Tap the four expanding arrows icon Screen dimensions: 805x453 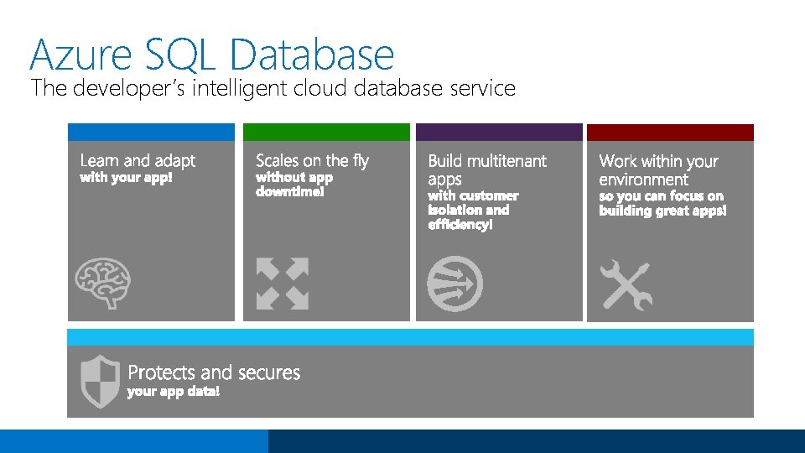[x=283, y=284]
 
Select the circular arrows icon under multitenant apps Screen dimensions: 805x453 [x=454, y=284]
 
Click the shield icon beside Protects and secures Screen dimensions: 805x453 [x=100, y=381]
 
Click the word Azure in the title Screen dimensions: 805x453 [x=80, y=55]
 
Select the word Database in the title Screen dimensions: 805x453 [x=311, y=55]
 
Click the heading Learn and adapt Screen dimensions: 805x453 [x=138, y=160]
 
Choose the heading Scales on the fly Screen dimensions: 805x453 [x=312, y=160]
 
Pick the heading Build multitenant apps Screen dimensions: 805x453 [x=486, y=169]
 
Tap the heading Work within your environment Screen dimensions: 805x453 [x=658, y=169]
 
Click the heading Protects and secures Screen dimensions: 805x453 [x=214, y=372]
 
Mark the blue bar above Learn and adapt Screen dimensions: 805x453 [x=151, y=133]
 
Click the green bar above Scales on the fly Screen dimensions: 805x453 [x=326, y=133]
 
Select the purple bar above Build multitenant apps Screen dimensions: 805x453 [x=499, y=133]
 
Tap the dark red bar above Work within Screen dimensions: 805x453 [x=670, y=133]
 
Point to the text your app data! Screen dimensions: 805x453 [x=174, y=392]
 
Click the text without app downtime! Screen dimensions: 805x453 [x=294, y=185]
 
